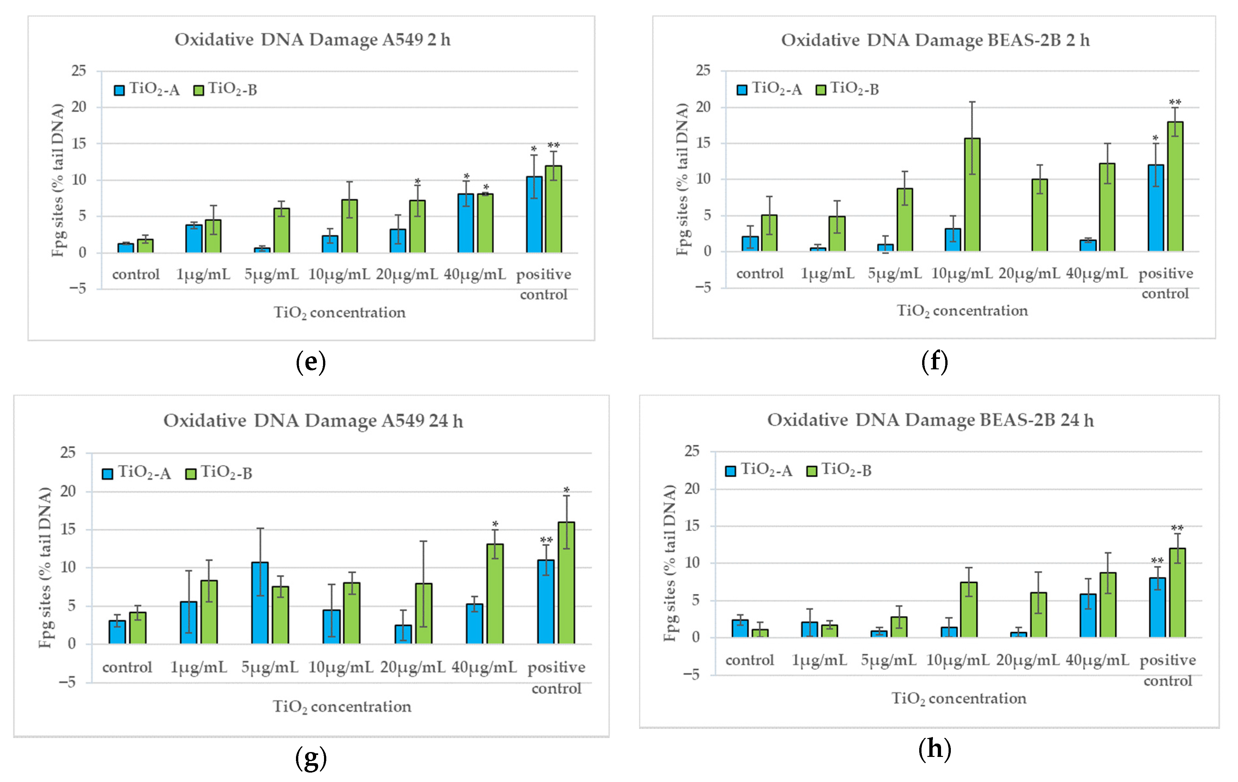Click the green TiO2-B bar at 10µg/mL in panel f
tap(972, 195)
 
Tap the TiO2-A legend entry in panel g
tap(136, 473)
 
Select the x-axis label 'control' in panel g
tap(127, 667)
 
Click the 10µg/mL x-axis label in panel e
tap(339, 274)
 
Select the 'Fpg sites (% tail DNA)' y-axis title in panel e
tap(58, 180)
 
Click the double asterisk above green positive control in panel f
tap(1175, 102)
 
